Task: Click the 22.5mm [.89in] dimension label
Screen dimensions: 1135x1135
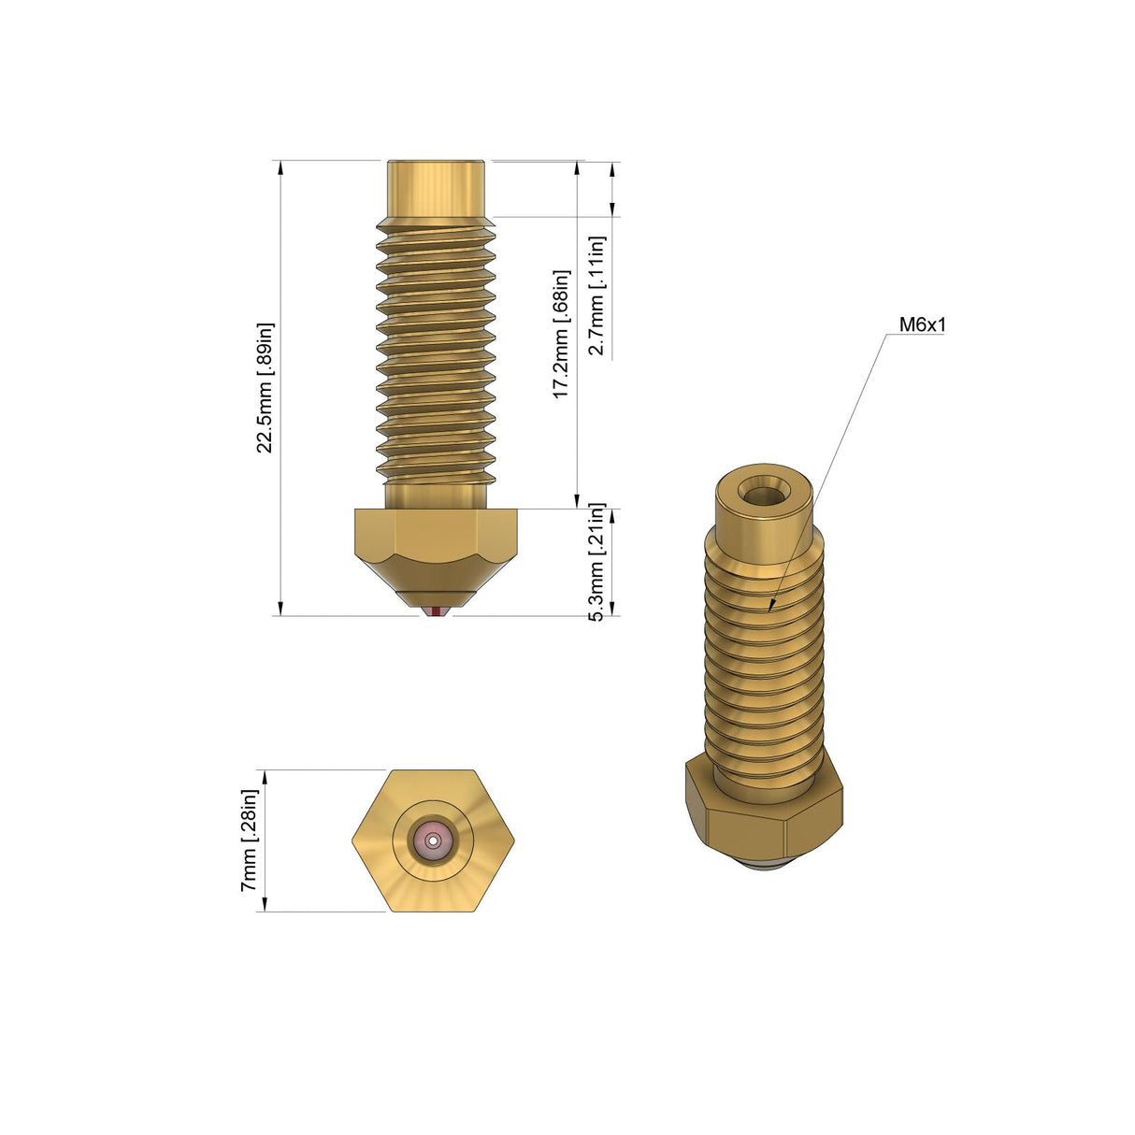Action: click(x=266, y=388)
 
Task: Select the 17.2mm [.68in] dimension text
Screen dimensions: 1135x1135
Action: click(x=561, y=335)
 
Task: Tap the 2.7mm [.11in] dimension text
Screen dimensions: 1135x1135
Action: click(x=596, y=295)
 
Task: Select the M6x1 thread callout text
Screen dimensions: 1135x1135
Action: click(x=922, y=325)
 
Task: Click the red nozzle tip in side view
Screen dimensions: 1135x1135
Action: click(x=437, y=611)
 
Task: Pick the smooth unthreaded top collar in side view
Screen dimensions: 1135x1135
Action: click(x=436, y=190)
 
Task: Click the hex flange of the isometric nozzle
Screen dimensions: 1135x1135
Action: click(x=763, y=809)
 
